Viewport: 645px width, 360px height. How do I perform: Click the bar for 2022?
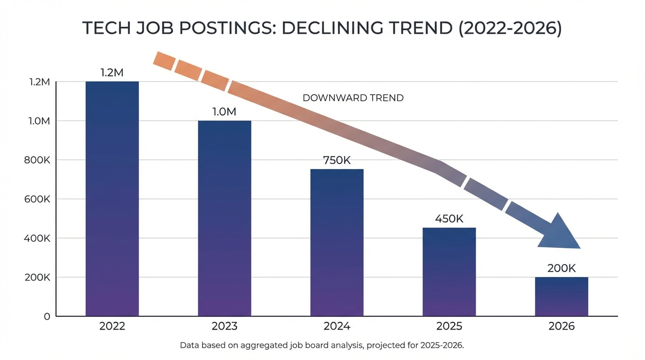(x=112, y=199)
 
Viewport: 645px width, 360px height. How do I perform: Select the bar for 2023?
(x=225, y=218)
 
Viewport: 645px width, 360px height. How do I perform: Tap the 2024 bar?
(x=337, y=242)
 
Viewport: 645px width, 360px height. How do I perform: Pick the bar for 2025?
(x=449, y=272)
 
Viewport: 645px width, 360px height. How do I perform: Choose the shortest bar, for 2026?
(x=561, y=297)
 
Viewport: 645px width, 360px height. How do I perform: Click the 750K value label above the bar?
(x=337, y=160)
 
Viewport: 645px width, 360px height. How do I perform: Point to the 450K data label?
(x=449, y=218)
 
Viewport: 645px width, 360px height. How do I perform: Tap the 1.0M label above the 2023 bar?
(x=225, y=112)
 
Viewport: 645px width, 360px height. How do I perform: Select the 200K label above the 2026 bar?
(x=561, y=269)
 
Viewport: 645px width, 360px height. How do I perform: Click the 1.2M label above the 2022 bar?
(x=112, y=73)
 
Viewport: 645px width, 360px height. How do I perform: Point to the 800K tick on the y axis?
(x=37, y=160)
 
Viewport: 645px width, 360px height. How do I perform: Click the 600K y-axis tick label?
(x=37, y=199)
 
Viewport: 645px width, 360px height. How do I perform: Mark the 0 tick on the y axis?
(x=47, y=316)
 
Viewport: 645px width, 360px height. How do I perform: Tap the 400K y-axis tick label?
(x=37, y=238)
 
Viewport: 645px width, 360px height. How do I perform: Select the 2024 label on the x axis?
(x=337, y=326)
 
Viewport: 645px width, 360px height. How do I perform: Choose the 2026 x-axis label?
(x=561, y=326)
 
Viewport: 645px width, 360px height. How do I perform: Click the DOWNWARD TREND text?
(x=353, y=98)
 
